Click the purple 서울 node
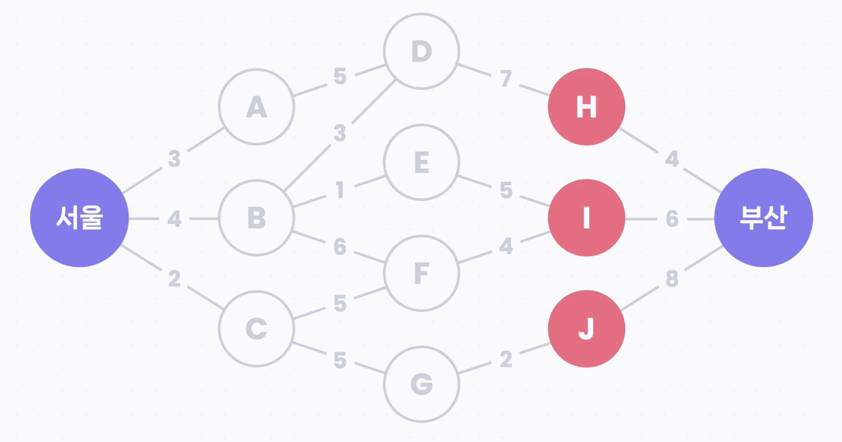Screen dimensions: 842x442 point(80,218)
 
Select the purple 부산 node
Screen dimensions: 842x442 point(764,218)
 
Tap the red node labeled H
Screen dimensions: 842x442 point(586,108)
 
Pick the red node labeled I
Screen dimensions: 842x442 point(586,218)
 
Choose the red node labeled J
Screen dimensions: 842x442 point(586,329)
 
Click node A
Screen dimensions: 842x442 point(256,107)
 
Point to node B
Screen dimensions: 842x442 point(256,218)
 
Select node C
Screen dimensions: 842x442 point(256,329)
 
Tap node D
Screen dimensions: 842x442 point(422,51)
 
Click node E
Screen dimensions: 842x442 point(422,163)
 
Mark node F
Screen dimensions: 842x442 point(422,273)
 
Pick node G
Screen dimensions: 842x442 point(422,384)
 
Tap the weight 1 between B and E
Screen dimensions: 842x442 point(340,191)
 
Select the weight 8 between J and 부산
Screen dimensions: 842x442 point(672,279)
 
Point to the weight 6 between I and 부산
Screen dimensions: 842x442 point(672,219)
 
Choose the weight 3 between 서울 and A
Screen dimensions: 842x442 point(174,159)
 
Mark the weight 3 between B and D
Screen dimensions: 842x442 point(340,134)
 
